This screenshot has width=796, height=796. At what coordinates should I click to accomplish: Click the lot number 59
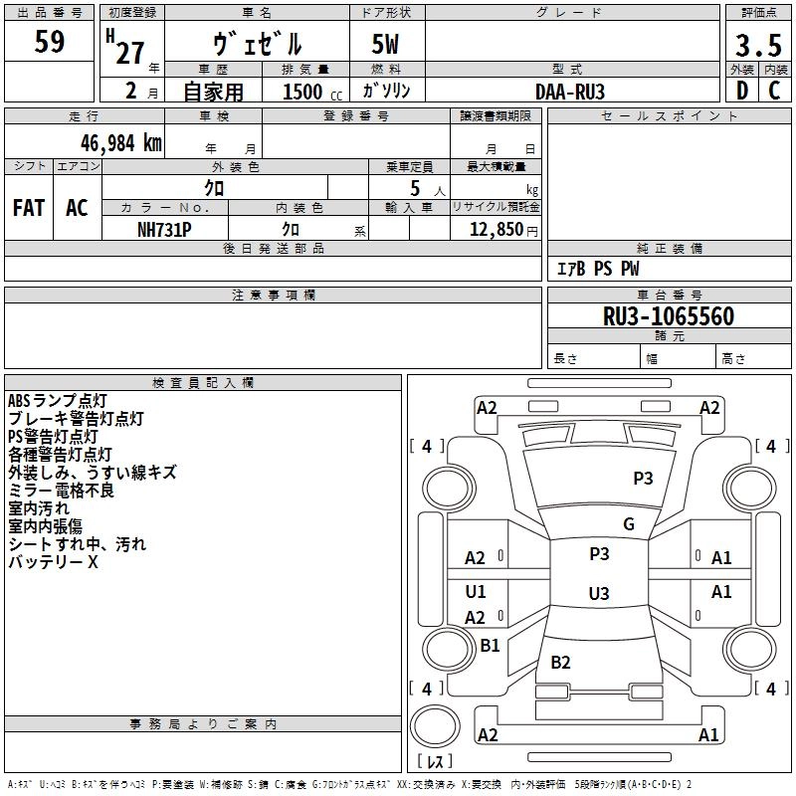click(50, 43)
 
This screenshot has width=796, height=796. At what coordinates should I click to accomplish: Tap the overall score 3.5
click(757, 46)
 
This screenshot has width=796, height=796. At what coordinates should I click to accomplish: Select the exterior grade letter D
click(741, 91)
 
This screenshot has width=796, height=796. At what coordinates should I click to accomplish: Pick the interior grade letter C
click(774, 91)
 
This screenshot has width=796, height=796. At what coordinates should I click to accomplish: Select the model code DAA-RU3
click(570, 92)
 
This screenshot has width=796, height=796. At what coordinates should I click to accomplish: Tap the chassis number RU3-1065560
click(669, 316)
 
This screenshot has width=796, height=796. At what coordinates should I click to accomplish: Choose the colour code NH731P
click(164, 229)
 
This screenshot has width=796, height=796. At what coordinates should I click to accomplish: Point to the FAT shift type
click(29, 208)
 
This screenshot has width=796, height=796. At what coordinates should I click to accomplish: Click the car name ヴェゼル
click(258, 45)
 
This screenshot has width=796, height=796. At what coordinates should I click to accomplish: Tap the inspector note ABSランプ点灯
click(57, 401)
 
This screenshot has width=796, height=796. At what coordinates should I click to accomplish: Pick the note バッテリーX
click(54, 562)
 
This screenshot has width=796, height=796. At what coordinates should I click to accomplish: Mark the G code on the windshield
click(629, 524)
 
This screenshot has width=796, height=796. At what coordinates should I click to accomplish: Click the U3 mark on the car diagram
click(598, 594)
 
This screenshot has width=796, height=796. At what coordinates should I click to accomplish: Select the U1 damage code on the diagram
click(476, 592)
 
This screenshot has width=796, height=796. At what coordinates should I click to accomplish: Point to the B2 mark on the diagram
click(560, 663)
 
